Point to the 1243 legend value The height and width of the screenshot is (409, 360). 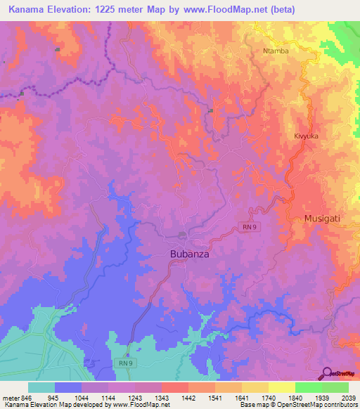137,398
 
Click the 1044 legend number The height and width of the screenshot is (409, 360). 82,398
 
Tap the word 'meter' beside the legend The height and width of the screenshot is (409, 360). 10,398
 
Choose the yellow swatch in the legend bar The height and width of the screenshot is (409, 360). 281,387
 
